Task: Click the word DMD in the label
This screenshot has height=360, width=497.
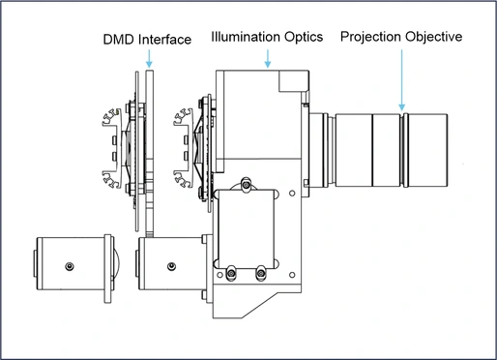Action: [x=119, y=40]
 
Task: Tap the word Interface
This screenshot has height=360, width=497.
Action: [x=165, y=40]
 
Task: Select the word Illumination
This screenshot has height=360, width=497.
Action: [x=246, y=37]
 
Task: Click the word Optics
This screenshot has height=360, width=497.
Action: [x=304, y=38]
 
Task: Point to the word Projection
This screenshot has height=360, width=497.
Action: [x=371, y=37]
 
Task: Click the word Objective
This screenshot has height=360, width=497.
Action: [x=434, y=37]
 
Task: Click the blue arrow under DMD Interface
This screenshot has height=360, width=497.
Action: [x=149, y=58]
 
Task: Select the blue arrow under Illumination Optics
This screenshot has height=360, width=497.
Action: [x=268, y=58]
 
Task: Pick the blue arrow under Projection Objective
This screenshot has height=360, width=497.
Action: [x=401, y=80]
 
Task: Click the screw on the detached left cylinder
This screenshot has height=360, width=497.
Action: [x=70, y=266]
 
